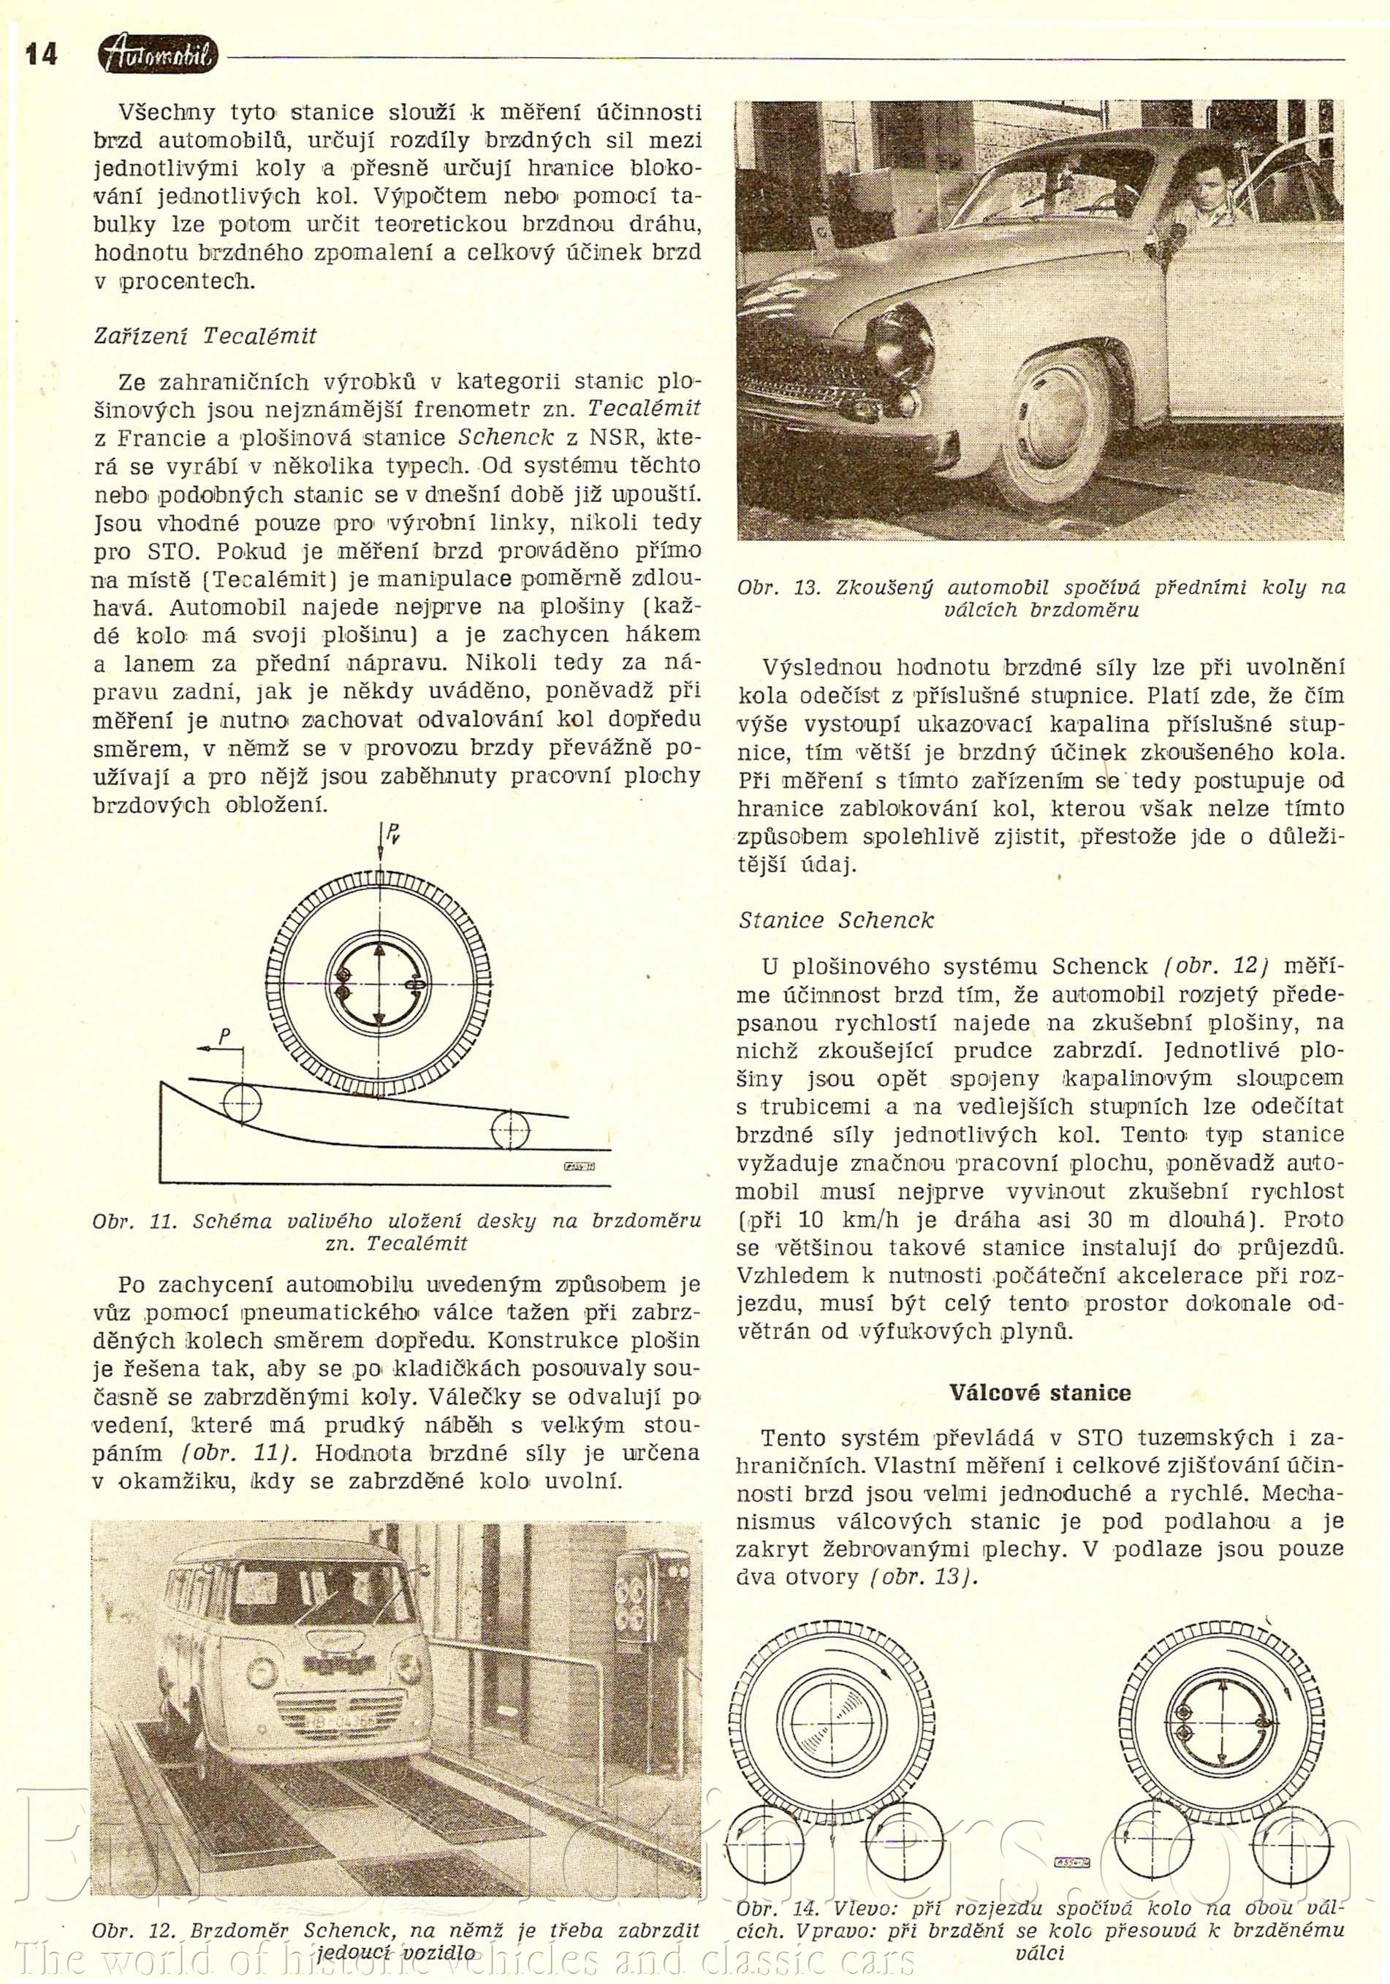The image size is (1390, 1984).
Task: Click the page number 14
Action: click(x=41, y=54)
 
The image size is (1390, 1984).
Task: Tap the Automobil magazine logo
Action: click(x=158, y=56)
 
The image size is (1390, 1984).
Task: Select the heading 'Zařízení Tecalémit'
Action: click(x=205, y=335)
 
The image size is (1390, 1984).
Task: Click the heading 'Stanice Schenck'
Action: click(x=836, y=920)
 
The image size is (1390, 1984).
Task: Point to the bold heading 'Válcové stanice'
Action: click(x=1040, y=1392)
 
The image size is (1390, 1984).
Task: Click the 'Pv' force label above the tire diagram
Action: click(x=392, y=833)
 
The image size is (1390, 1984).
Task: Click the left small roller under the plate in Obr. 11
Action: click(x=242, y=1103)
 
